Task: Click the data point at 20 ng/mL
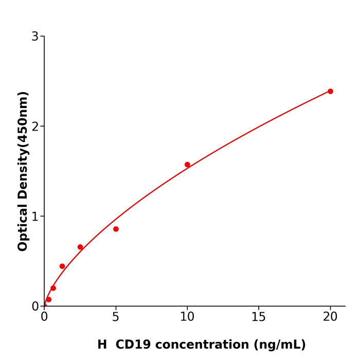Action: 330,92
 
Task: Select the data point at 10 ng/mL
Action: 187,165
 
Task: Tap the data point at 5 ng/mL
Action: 116,229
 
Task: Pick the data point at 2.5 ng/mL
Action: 80,247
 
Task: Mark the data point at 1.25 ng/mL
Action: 62,266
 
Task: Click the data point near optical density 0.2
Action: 53,288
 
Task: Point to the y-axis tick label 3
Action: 35,37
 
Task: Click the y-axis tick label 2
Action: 35,127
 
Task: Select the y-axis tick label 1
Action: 35,217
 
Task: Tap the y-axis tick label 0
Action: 35,307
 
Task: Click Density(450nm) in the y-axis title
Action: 23,146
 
